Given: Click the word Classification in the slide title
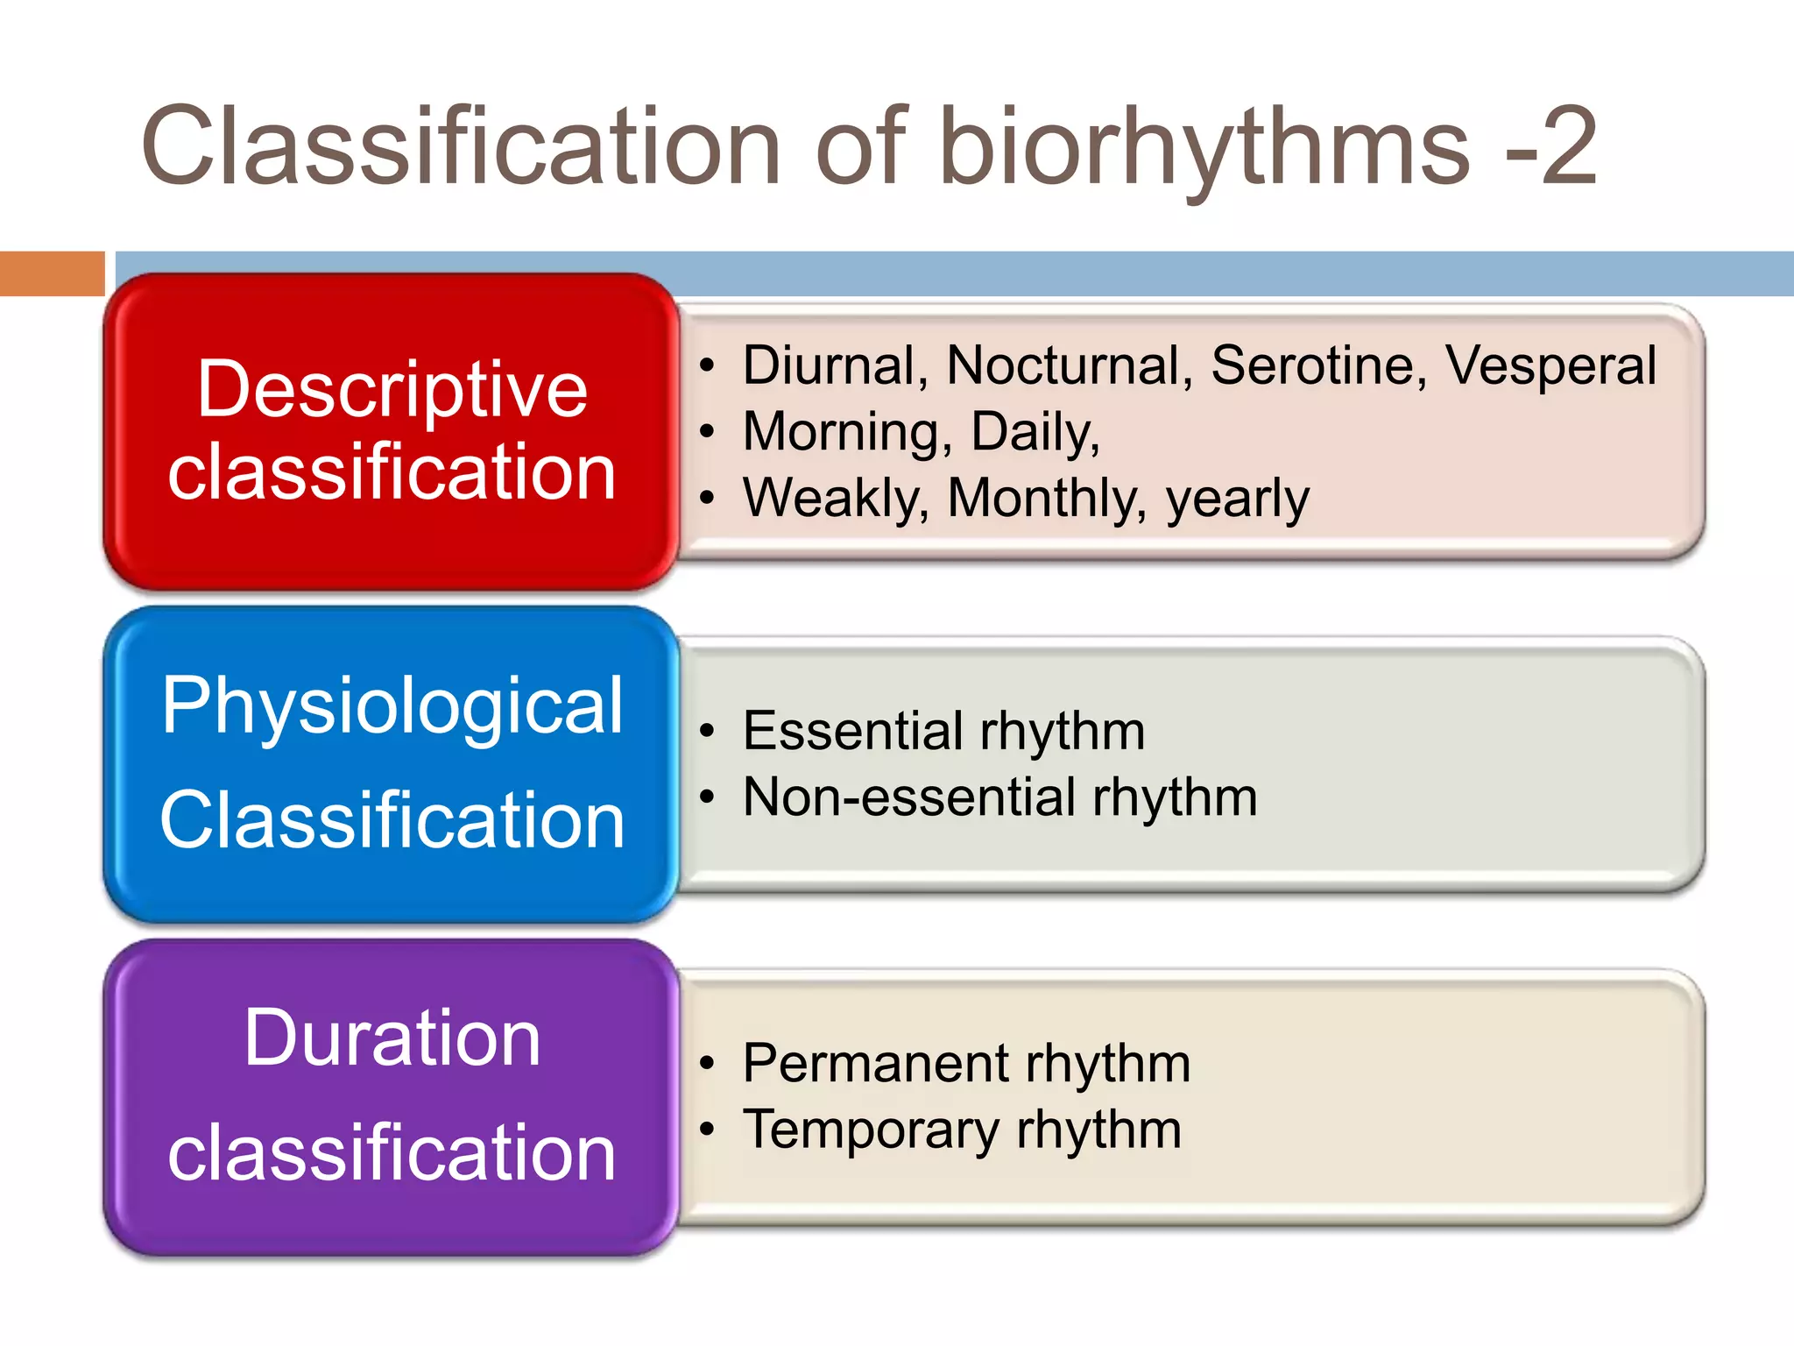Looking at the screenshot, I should pos(461,146).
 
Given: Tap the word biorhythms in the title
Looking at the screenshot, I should pos(1204,146).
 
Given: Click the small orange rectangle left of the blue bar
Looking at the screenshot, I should pos(52,273).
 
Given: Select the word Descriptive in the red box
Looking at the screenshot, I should pos(392,390).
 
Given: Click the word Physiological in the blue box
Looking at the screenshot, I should pos(392,706).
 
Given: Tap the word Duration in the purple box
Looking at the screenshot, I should pos(392,1038).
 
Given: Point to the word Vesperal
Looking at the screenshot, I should pos(1550,366).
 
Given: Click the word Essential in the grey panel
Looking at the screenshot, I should pos(853,731).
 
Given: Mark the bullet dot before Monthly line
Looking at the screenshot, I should pos(707,498).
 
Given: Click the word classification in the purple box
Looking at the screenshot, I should pos(392,1153).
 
